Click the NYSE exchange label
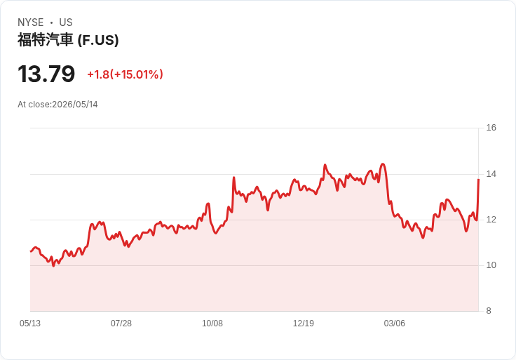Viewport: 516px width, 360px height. coord(31,22)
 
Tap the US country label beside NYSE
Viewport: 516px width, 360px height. coord(66,22)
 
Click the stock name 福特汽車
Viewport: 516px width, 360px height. coord(45,40)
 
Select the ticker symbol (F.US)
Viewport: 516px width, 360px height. coord(98,40)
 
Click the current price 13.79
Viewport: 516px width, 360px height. coord(46,74)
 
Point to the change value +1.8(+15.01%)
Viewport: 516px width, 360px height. coord(125,74)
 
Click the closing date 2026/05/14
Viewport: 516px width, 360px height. coord(75,105)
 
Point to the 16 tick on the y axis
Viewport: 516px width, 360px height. coord(491,128)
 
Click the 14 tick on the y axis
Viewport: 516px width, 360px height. coord(491,174)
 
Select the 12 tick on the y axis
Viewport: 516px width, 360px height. coord(491,220)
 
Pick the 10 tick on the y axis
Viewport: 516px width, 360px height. coord(491,265)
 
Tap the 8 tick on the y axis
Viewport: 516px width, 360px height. coord(489,311)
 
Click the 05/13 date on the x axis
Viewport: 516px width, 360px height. coord(30,324)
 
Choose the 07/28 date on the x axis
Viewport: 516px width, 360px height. coord(121,324)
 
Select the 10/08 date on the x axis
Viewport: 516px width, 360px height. coord(212,324)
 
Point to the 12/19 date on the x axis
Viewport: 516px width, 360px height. coord(304,324)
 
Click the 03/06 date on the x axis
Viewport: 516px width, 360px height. coord(394,324)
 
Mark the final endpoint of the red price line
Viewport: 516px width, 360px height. coord(478,179)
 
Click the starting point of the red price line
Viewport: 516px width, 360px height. coord(31,251)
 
